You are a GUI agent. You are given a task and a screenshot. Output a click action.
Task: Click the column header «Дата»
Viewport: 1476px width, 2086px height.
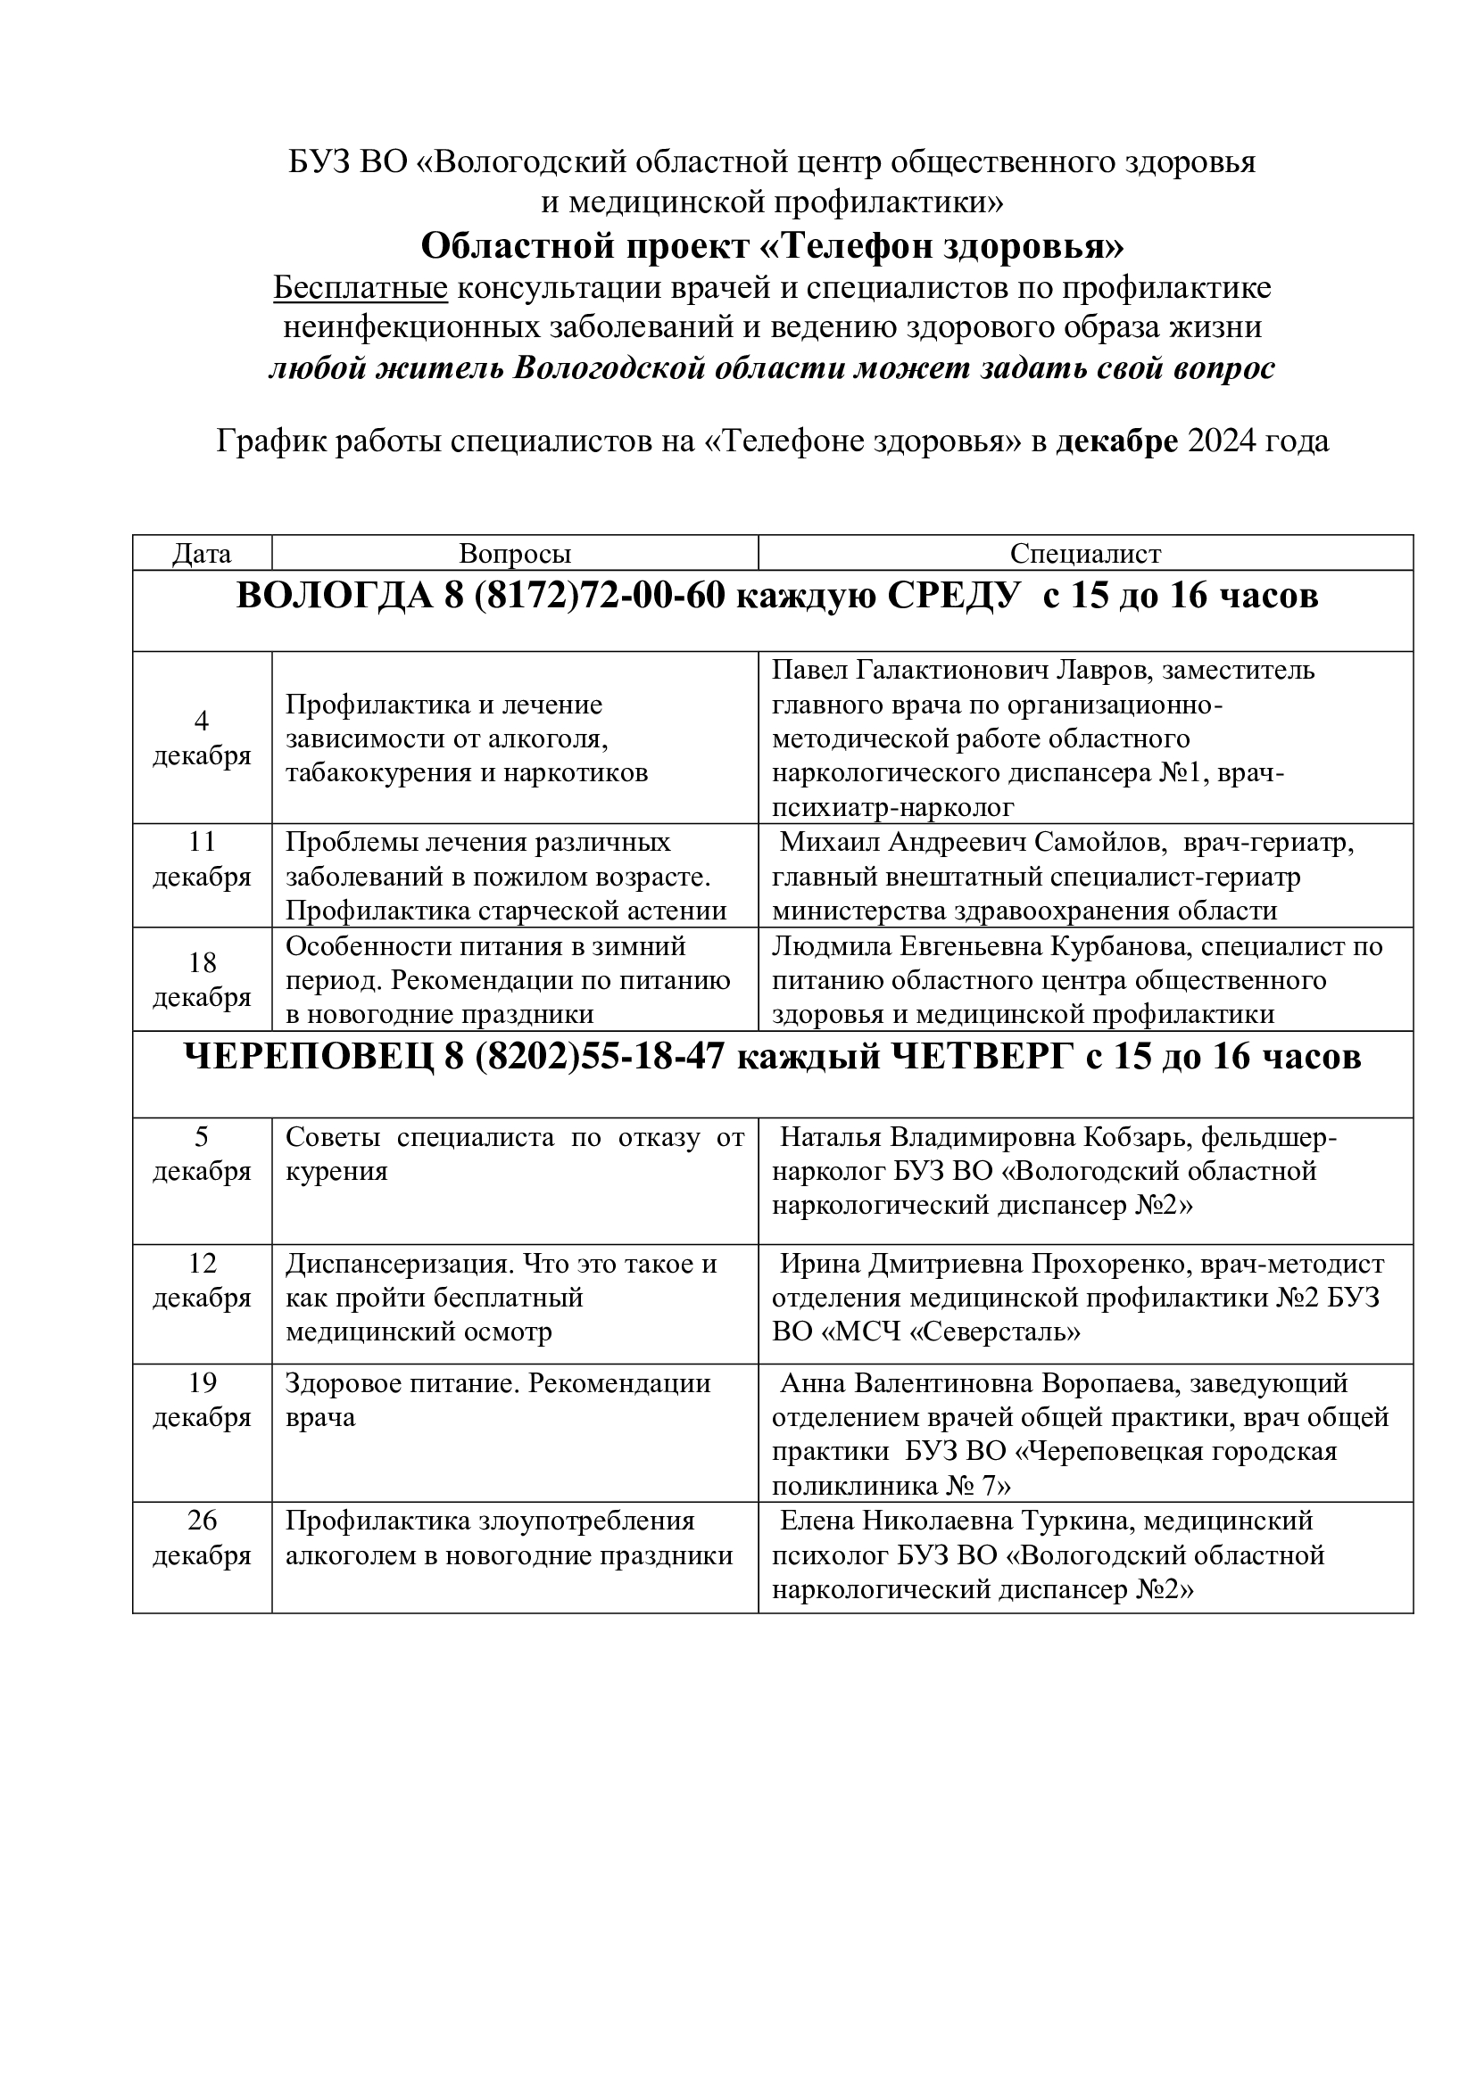(202, 554)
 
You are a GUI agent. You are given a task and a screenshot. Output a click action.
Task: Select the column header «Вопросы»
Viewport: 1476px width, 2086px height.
(514, 554)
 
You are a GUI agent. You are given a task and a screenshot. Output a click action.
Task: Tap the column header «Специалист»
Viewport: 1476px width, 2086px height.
(1085, 554)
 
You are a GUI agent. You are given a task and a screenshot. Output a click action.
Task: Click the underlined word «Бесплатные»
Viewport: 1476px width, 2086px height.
(361, 288)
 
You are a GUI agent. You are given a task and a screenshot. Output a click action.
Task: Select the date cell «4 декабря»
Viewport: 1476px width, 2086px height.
(202, 738)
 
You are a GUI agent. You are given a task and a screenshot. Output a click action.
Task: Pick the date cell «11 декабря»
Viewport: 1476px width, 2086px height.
(202, 860)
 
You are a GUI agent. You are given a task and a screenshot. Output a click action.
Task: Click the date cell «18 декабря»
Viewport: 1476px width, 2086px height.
(202, 979)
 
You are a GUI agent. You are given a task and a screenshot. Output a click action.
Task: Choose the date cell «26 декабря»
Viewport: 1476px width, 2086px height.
(202, 1538)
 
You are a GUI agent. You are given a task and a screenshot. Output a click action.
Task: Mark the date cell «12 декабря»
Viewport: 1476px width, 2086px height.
(202, 1281)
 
